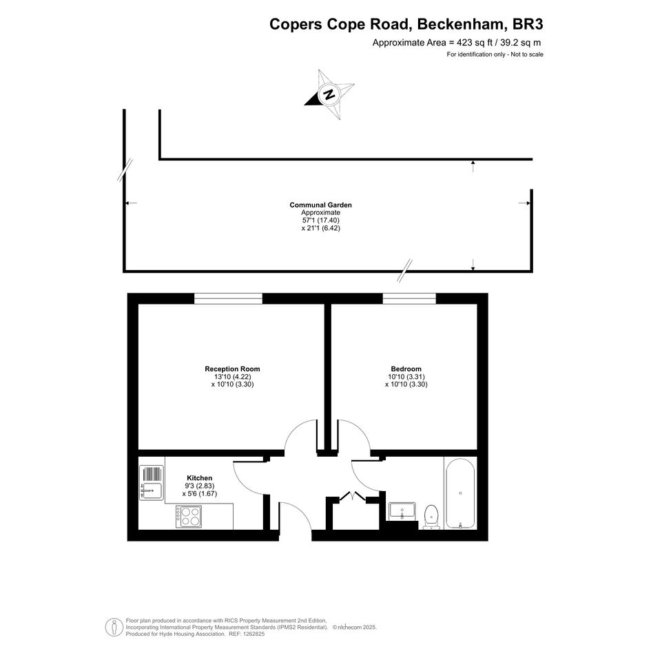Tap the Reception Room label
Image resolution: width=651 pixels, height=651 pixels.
233,369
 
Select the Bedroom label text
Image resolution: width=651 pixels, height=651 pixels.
406,369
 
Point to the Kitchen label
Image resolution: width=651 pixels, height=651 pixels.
199,478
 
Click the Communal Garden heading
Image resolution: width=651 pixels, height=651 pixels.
320,205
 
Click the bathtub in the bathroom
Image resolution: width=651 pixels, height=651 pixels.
460,493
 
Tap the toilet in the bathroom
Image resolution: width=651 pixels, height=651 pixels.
431,517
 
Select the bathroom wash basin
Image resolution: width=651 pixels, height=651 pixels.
402,511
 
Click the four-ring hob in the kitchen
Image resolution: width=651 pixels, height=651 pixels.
189,516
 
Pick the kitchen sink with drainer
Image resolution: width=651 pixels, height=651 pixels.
151,483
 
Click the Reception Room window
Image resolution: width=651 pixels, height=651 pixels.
228,298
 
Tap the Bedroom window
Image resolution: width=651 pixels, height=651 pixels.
409,298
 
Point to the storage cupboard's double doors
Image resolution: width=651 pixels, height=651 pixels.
353,497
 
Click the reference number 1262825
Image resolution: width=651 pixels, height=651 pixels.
253,634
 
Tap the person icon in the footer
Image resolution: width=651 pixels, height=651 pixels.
114,628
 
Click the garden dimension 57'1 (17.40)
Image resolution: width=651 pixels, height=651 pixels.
320,220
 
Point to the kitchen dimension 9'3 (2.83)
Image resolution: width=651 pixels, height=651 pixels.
199,486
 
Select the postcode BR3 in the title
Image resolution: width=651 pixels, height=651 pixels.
528,24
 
